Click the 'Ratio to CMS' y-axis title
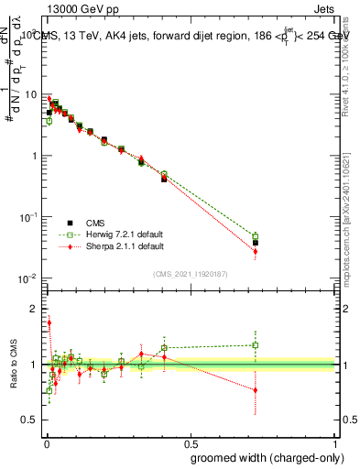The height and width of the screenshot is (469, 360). point(13,364)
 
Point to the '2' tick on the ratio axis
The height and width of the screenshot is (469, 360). point(34,309)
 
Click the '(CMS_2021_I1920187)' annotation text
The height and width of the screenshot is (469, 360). point(191,273)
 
